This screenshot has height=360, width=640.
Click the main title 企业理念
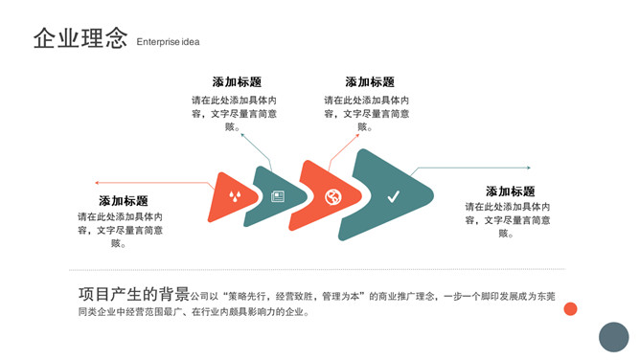pyautogui.click(x=80, y=38)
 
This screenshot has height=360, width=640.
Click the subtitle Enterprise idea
pyautogui.click(x=168, y=42)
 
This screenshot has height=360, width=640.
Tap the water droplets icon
pyautogui.click(x=235, y=196)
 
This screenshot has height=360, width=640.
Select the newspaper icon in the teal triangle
pyautogui.click(x=278, y=196)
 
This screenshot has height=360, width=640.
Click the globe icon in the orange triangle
pyautogui.click(x=333, y=197)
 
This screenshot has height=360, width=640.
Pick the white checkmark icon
pyautogui.click(x=394, y=197)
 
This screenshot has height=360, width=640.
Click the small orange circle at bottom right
pyautogui.click(x=570, y=308)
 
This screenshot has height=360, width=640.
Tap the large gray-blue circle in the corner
pyautogui.click(x=614, y=337)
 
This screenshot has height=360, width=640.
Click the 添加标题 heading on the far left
pyautogui.click(x=124, y=201)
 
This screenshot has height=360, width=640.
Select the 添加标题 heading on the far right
pyautogui.click(x=511, y=191)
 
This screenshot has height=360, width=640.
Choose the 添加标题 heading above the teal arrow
pyautogui.click(x=237, y=82)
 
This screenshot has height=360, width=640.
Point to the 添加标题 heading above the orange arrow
pyautogui.click(x=370, y=82)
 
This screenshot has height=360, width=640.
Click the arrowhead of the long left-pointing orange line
pyautogui.click(x=97, y=183)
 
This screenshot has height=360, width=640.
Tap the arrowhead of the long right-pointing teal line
pyautogui.click(x=529, y=168)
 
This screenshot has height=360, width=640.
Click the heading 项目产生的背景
pyautogui.click(x=134, y=294)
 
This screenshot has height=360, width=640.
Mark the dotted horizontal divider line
pyautogui.click(x=317, y=269)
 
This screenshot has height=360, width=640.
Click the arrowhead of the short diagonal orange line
pyautogui.click(x=357, y=135)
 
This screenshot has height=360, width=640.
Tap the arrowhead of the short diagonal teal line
pyautogui.click(x=242, y=135)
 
